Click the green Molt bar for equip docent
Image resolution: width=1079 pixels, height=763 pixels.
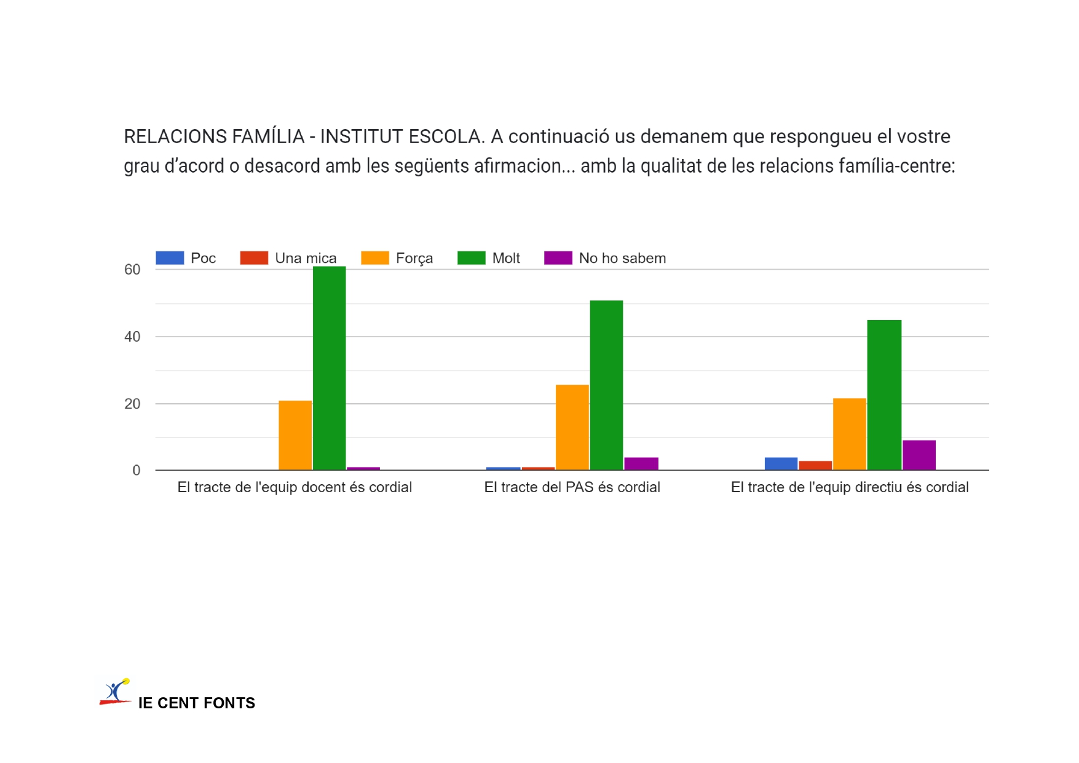pyautogui.click(x=329, y=369)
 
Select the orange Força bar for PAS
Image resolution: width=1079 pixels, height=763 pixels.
pyautogui.click(x=572, y=428)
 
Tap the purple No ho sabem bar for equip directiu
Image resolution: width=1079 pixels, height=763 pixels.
pyautogui.click(x=919, y=455)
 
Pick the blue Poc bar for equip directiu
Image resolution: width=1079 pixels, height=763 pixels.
pyautogui.click(x=781, y=464)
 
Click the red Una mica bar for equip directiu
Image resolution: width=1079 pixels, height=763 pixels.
pyautogui.click(x=815, y=466)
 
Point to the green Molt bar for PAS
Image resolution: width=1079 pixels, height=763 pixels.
pyautogui.click(x=606, y=385)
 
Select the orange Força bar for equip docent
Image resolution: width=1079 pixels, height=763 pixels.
pyautogui.click(x=295, y=436)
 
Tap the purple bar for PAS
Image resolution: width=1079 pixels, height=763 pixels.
pyautogui.click(x=641, y=464)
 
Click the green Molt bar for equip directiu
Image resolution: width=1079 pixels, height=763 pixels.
pyautogui.click(x=884, y=395)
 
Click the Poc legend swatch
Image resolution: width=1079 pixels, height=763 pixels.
pyautogui.click(x=170, y=258)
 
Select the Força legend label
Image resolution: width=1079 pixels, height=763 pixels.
pyautogui.click(x=414, y=258)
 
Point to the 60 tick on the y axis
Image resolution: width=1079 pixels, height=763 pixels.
pyautogui.click(x=132, y=270)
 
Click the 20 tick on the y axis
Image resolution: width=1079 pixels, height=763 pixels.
pyautogui.click(x=132, y=404)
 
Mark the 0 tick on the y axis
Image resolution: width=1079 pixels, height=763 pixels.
pyautogui.click(x=136, y=471)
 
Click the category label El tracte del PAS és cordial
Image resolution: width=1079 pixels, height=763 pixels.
pyautogui.click(x=572, y=487)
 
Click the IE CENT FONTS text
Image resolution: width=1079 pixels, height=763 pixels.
pyautogui.click(x=196, y=703)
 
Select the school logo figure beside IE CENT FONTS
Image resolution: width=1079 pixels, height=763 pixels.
pyautogui.click(x=116, y=692)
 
